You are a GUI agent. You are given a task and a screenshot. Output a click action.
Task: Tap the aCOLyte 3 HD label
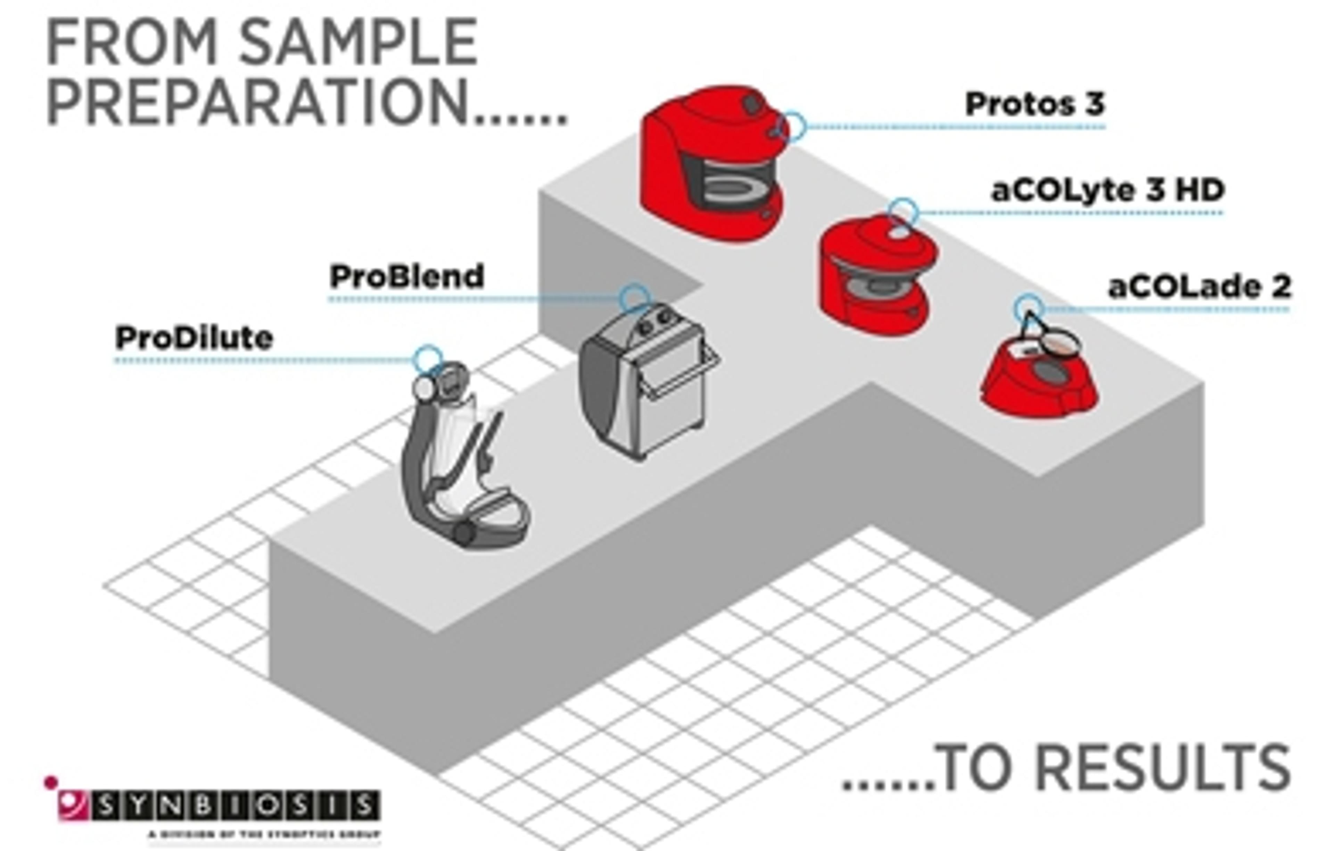[1107, 190]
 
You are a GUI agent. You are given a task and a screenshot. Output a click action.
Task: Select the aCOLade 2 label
[1199, 287]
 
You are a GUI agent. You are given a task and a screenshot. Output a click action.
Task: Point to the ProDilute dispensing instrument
[460, 460]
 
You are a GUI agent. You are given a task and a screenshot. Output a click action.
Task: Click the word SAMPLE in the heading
[358, 43]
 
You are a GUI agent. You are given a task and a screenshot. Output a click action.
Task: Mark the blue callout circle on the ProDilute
[428, 359]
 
